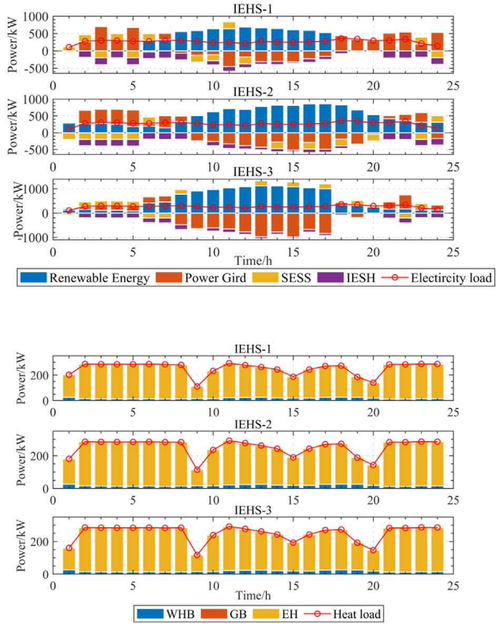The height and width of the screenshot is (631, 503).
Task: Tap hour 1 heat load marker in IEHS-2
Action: point(69,459)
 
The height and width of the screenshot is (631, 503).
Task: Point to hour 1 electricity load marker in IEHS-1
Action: point(69,47)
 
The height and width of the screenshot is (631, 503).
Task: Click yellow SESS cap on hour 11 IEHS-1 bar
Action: point(229,25)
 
